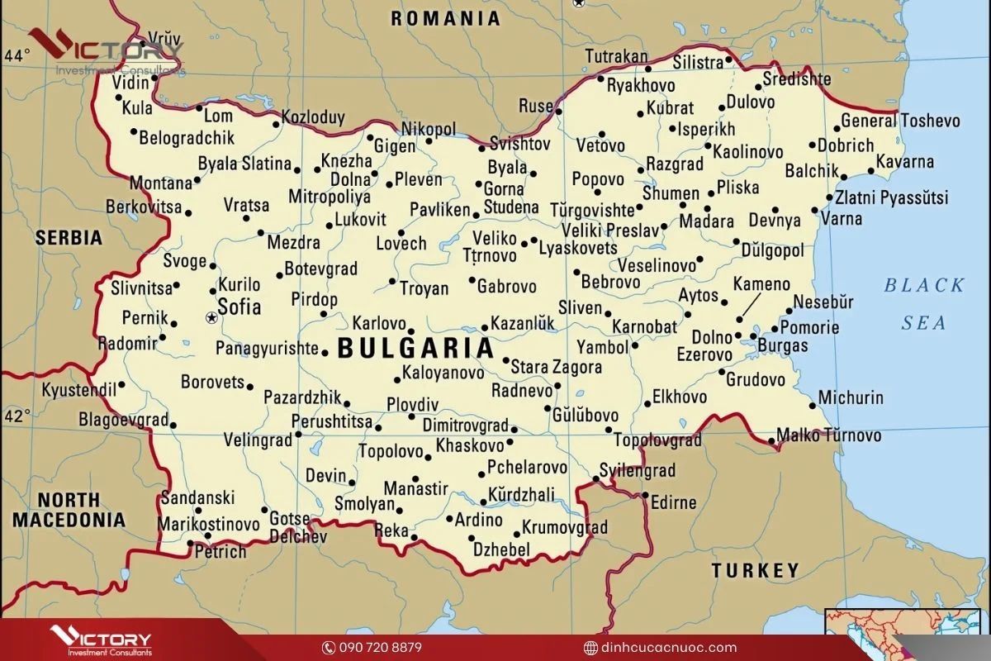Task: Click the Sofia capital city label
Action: [239, 308]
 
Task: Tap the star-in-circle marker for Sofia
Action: [211, 317]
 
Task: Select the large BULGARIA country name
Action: [415, 348]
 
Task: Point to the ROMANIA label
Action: [445, 18]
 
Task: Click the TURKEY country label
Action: [756, 570]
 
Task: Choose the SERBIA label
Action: [69, 238]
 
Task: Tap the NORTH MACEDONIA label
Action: [69, 510]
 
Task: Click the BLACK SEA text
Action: [923, 303]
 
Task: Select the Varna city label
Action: [842, 219]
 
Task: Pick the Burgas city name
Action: [782, 345]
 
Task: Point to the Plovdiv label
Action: [412, 405]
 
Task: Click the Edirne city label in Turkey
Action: [673, 502]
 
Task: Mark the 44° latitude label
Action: [16, 56]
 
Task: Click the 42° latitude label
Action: [16, 415]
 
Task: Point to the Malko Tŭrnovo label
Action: [828, 435]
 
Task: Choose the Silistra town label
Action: [698, 63]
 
